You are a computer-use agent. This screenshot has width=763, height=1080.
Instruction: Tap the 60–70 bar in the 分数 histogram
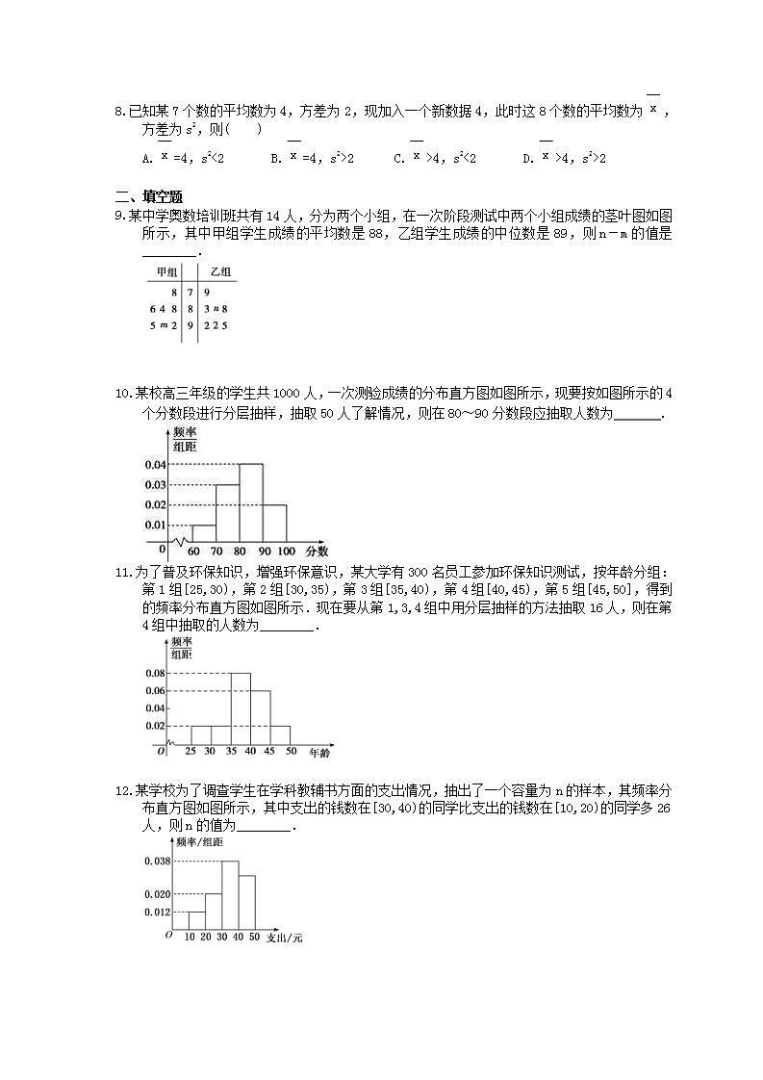[204, 532]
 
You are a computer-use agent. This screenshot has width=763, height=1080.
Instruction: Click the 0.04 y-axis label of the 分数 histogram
[155, 465]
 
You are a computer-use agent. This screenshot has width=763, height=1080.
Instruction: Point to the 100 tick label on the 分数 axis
[287, 552]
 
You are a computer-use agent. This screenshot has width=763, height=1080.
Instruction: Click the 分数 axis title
[317, 552]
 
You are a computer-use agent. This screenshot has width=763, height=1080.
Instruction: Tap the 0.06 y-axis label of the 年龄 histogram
[155, 691]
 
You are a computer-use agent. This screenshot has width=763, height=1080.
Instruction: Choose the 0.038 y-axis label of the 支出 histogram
[157, 861]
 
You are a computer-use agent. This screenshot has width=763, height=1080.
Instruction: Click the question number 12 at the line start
[121, 791]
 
